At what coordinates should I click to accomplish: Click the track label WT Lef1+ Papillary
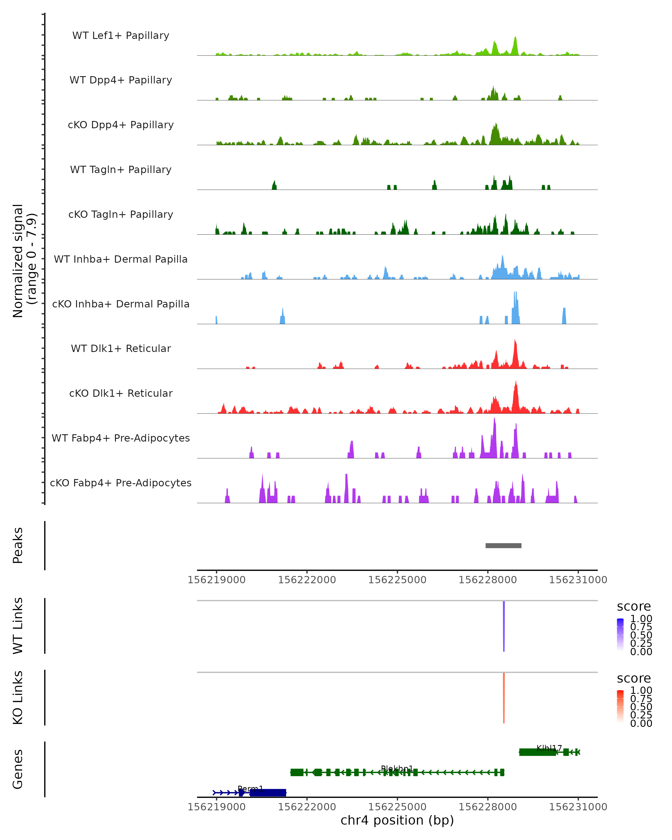pos(121,36)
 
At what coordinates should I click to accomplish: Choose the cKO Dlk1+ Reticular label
pos(121,393)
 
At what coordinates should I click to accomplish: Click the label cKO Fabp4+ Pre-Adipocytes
pos(121,483)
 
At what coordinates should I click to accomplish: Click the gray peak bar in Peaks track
pos(503,545)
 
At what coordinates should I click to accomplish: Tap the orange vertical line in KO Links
pos(504,698)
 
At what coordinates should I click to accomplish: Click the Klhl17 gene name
pos(549,748)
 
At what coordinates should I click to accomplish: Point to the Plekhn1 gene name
pos(397,768)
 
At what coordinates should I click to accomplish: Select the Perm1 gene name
pos(251,788)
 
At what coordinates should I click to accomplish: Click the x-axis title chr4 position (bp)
pos(397,820)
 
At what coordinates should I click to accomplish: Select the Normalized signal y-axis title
pos(18,261)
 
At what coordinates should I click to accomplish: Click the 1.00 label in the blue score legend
pos(641,618)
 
